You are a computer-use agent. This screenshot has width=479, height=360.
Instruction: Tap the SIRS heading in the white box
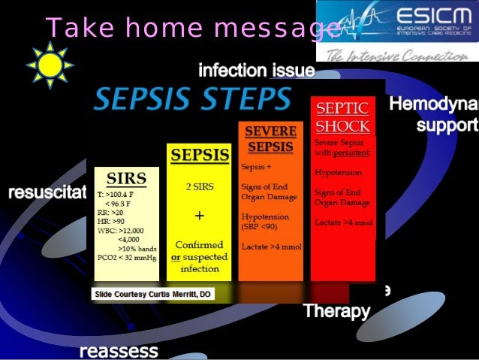(125, 178)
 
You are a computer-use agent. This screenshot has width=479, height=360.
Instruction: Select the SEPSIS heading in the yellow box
(200, 155)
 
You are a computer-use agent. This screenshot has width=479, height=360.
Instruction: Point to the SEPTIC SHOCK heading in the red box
(343, 117)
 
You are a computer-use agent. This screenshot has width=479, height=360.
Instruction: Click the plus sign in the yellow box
(199, 216)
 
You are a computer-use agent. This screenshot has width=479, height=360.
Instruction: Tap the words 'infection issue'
(256, 71)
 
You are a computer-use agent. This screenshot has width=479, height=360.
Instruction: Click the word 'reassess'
(119, 351)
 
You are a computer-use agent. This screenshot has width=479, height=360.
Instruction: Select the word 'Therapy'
(336, 310)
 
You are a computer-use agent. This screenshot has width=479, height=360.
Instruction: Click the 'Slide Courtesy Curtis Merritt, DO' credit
(151, 294)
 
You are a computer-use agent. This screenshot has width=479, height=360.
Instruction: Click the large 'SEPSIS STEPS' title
(192, 100)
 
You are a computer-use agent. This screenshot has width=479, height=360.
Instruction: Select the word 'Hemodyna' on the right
(433, 104)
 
